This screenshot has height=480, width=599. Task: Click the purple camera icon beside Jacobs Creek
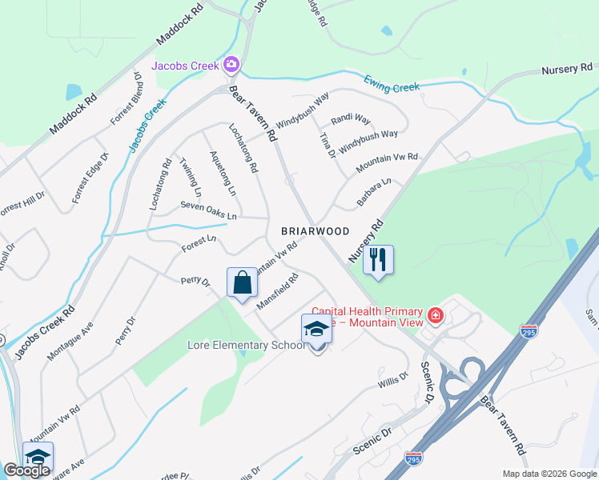[232, 64]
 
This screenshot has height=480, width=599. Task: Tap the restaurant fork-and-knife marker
[379, 259]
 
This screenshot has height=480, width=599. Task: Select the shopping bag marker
[242, 282]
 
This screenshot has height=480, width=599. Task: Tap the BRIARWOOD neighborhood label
[316, 230]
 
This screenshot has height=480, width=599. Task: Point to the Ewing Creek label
[392, 83]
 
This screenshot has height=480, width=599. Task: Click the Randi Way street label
[351, 119]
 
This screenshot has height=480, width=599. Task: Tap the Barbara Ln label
[374, 193]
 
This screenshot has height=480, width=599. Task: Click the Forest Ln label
[199, 238]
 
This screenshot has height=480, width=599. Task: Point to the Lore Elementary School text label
[246, 346]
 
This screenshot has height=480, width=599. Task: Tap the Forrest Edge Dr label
[89, 177]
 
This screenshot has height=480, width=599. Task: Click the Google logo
[26, 470]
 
